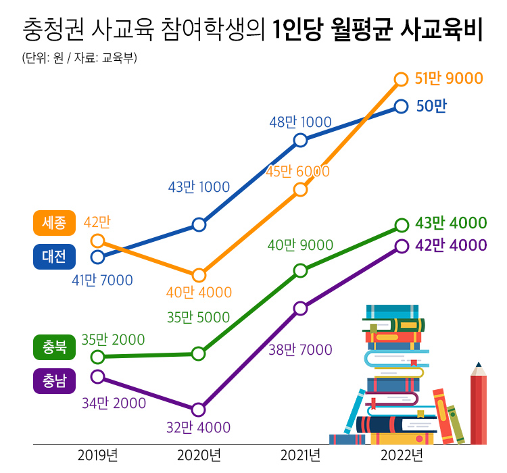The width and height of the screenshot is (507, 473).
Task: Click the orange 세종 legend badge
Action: tap(54, 222)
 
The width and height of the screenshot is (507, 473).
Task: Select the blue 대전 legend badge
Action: tap(54, 256)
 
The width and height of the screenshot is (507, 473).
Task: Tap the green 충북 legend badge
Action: tap(54, 347)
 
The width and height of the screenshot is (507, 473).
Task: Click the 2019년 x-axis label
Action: tap(98, 454)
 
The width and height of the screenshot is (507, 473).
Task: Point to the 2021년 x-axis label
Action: tap(301, 454)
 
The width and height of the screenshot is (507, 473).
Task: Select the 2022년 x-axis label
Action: tap(402, 454)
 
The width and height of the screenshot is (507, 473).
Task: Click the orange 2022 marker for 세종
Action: tap(402, 80)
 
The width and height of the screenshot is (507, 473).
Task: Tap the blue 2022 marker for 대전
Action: tap(402, 106)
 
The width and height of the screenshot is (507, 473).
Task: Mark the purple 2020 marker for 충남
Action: tap(199, 409)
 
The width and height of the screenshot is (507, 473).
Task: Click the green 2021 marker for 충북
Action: tap(301, 271)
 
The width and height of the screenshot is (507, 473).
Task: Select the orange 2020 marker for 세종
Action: tap(199, 275)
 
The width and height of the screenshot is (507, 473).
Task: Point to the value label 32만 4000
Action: tap(199, 428)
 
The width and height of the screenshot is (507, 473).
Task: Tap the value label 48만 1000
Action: tap(300, 122)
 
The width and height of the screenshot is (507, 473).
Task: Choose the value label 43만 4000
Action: tap(451, 224)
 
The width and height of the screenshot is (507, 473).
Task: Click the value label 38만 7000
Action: tap(300, 350)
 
